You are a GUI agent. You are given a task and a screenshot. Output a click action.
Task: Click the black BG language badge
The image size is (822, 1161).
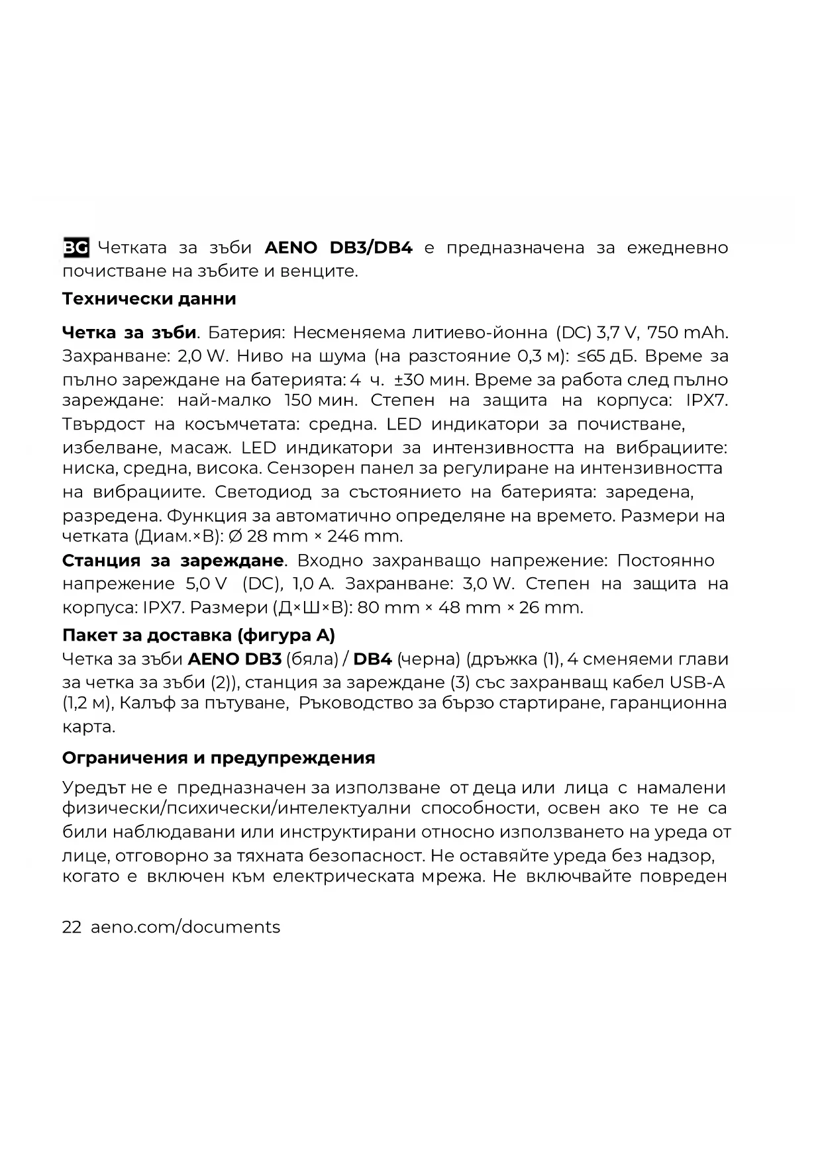[76, 248]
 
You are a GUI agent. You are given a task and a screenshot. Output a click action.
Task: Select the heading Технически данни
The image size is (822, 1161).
[149, 299]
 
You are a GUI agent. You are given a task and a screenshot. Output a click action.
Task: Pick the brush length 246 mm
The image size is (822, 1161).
[364, 535]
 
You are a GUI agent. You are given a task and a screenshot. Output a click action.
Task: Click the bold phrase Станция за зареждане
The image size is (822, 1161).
[173, 561]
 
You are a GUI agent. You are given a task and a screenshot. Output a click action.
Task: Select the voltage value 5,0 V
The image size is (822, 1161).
[202, 584]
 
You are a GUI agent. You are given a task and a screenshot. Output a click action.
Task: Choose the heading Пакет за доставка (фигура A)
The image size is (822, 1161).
[199, 635]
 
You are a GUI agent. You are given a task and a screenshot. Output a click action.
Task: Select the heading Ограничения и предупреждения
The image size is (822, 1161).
[219, 757]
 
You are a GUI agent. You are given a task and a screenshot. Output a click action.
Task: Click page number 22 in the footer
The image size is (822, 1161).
[72, 927]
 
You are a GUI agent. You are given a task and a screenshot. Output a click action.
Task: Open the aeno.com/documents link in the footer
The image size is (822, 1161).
[185, 927]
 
